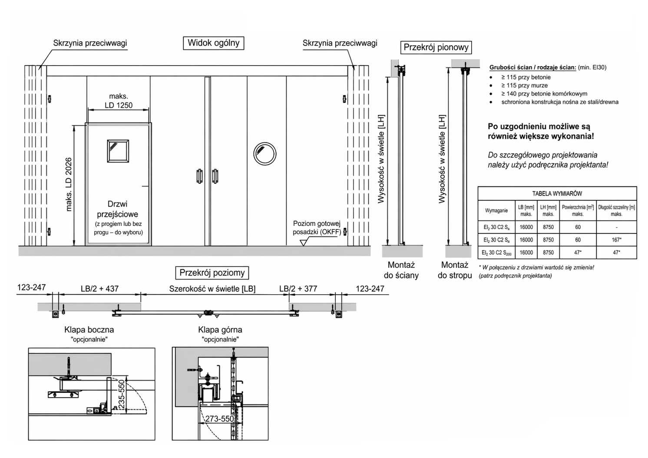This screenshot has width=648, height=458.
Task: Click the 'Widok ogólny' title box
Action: tap(214, 43)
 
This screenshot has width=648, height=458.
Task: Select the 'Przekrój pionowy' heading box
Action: tap(436, 47)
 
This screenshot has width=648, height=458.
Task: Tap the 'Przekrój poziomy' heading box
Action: tap(212, 273)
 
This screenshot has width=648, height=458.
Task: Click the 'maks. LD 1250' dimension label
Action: tap(119, 100)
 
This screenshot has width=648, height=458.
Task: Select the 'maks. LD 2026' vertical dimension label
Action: tap(69, 184)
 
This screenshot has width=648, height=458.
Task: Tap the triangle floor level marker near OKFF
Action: tap(303, 242)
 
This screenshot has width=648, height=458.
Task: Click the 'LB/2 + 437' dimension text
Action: tap(99, 289)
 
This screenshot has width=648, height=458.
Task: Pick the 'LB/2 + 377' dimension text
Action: tap(298, 289)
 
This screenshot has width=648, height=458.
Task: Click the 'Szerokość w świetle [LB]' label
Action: tap(212, 289)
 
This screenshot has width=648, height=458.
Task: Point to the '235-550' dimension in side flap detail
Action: tap(122, 394)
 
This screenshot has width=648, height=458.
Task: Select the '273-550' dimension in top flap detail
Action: tap(220, 418)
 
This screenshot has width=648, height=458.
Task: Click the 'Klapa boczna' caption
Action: tap(89, 330)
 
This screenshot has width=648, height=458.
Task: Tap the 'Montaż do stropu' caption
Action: tap(455, 270)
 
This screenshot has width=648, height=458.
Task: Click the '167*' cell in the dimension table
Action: tap(616, 240)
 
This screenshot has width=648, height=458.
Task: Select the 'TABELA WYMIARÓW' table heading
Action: tap(557, 193)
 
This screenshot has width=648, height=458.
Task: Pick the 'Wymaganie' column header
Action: tap(496, 210)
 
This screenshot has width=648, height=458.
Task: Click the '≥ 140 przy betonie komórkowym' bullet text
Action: tap(544, 94)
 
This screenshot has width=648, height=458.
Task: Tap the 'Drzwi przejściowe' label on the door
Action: tap(117, 209)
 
